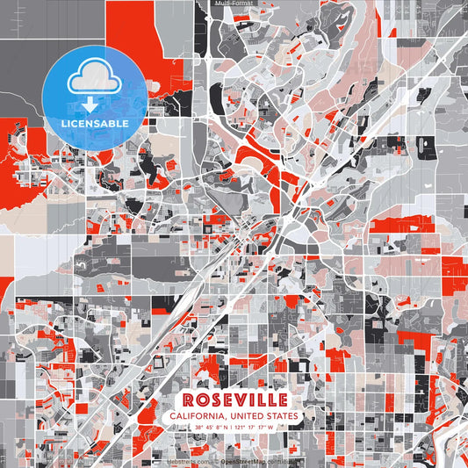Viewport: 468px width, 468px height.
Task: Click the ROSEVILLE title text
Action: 234,398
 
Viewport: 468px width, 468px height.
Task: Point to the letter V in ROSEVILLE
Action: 235,398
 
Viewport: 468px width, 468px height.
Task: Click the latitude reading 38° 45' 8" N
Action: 212,428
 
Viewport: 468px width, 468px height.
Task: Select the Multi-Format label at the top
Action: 233,4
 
